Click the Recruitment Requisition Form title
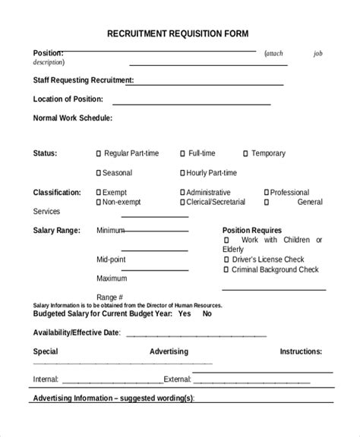point(177,34)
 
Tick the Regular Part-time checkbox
point(99,154)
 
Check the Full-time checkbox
point(183,154)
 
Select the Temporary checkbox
point(245,154)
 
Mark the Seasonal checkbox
point(99,174)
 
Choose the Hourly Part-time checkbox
point(183,174)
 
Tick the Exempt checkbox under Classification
point(99,193)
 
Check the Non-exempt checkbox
point(99,203)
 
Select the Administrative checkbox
point(183,193)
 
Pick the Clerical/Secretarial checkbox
point(183,203)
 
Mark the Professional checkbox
point(267,193)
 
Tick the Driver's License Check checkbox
point(226,259)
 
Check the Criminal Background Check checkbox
point(226,269)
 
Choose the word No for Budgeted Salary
point(207,313)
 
